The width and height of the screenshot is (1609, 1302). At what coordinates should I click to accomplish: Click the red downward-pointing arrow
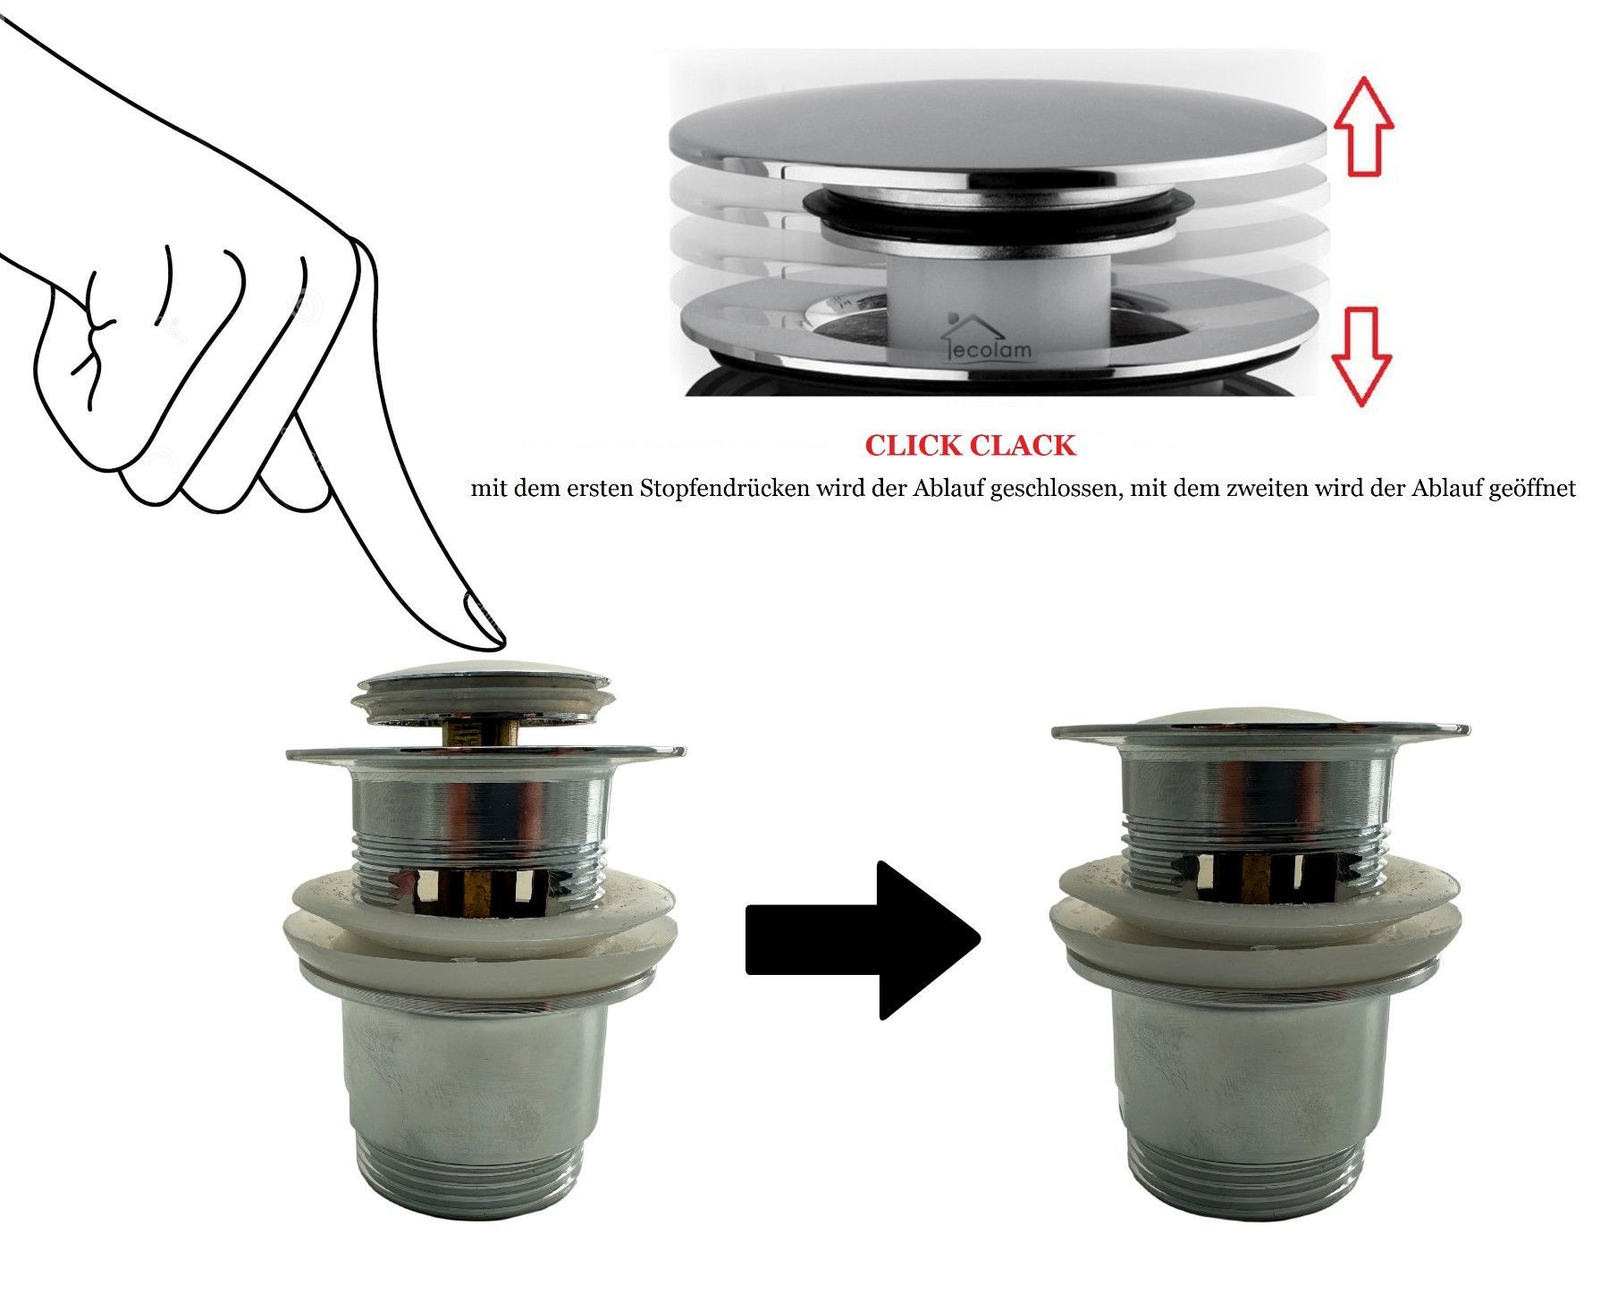click(1361, 357)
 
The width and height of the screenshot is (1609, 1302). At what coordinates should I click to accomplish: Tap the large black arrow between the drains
click(863, 939)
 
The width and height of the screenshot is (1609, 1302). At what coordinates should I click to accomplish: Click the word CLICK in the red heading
click(914, 446)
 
